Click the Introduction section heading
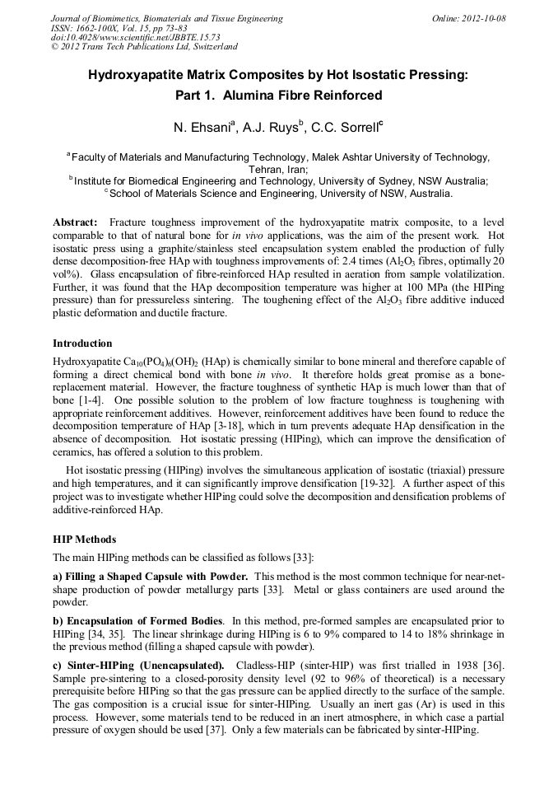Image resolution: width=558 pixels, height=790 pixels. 82,343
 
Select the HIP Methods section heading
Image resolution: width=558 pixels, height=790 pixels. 84,540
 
